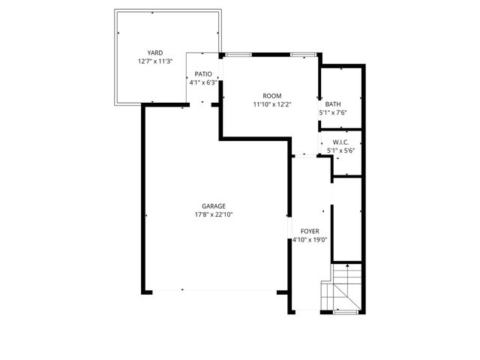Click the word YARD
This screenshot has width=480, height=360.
(155, 52)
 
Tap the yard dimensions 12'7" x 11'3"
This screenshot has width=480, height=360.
(155, 61)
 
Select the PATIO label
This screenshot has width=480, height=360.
(203, 74)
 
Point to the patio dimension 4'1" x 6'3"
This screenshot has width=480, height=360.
(203, 83)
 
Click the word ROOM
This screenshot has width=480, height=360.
(271, 95)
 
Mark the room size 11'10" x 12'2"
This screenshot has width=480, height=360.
(271, 105)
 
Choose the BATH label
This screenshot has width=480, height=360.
(332, 104)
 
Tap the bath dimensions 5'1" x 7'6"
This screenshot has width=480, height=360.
(332, 114)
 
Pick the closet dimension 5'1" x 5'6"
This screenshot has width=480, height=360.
(340, 150)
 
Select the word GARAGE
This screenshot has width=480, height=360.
(213, 206)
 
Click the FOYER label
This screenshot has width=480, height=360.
(310, 231)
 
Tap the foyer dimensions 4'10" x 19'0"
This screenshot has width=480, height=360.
(310, 241)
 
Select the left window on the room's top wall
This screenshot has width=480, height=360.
(238, 54)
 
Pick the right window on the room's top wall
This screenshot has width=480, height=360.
(303, 54)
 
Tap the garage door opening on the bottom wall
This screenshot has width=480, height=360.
(213, 290)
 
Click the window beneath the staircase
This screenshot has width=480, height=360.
(346, 311)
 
